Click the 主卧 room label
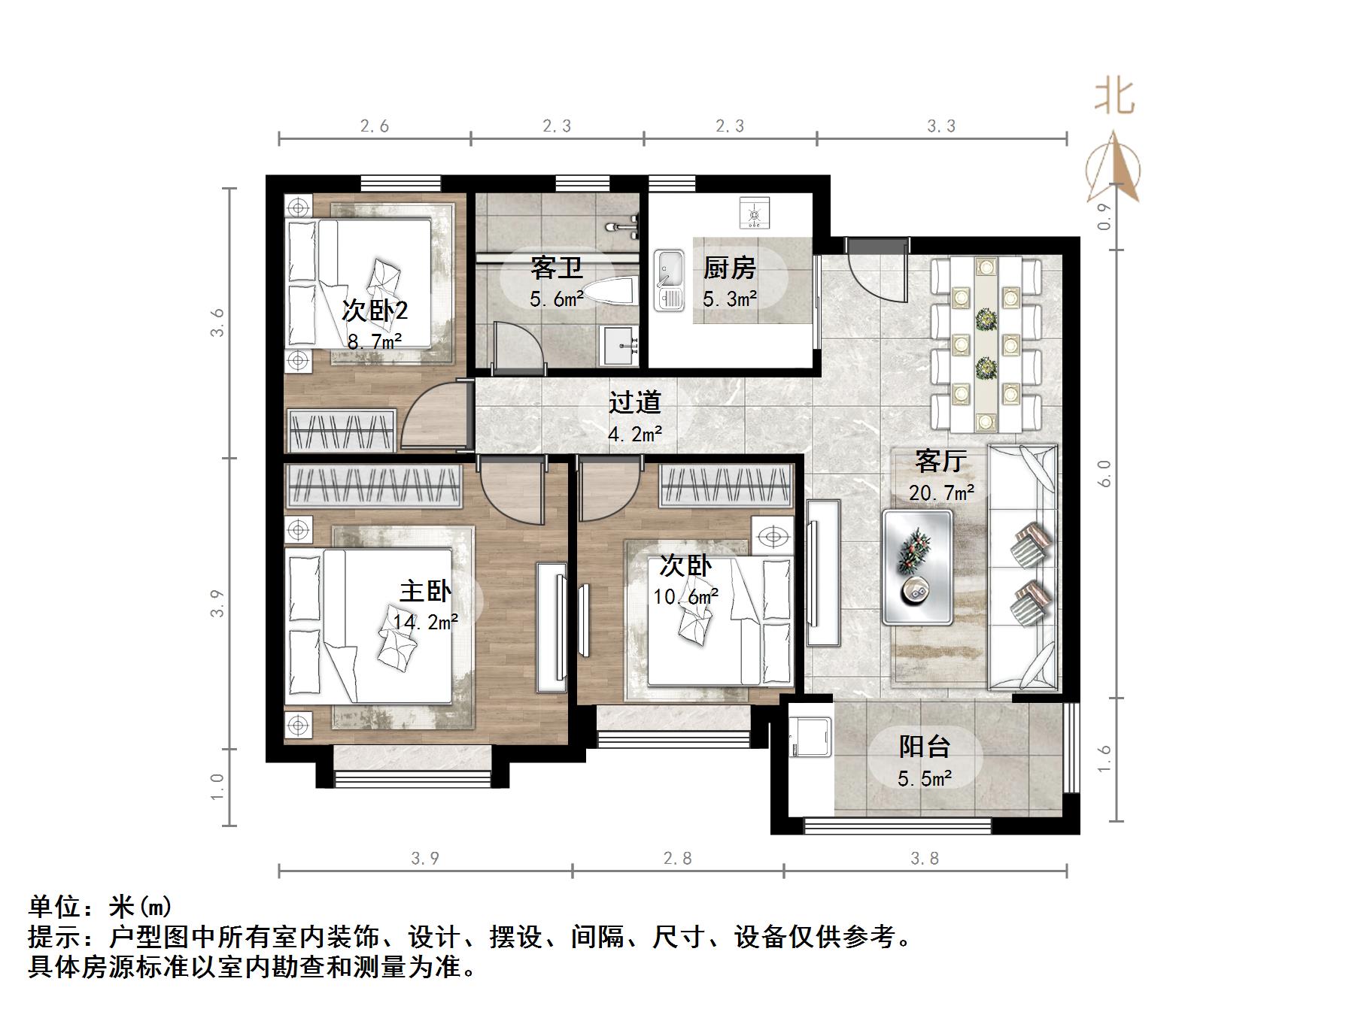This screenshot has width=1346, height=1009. coord(425,591)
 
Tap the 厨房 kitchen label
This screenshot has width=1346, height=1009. coord(729,268)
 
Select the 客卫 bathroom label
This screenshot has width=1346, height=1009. coord(556,268)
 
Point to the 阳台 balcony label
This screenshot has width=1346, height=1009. coord(925,747)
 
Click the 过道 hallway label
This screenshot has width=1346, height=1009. coord(634,403)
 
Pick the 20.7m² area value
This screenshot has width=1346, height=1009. coord(941,493)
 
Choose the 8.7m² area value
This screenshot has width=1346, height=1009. coord(374,341)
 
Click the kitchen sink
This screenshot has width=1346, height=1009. coord(669,280)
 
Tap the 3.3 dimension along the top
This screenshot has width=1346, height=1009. coord(941,126)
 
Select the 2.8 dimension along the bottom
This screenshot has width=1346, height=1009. coord(677,858)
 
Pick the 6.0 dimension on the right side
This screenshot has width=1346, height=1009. coord(1104,474)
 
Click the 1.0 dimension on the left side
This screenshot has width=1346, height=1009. coord(217,787)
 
